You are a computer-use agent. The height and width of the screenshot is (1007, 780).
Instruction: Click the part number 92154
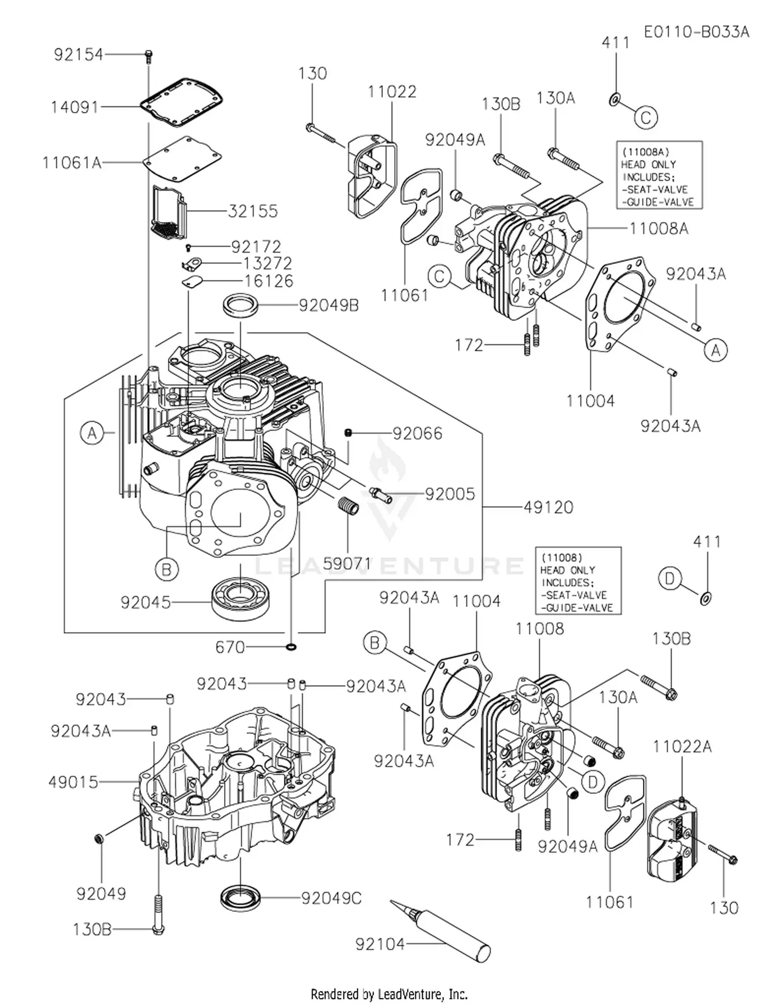79,55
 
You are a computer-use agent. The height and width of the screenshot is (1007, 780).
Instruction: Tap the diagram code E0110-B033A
696,32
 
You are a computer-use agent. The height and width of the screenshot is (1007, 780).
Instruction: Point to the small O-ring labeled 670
291,647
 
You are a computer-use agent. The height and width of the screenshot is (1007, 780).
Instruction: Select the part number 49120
548,507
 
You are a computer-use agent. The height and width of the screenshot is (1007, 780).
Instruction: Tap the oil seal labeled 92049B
241,305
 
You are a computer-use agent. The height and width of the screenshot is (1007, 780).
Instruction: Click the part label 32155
253,211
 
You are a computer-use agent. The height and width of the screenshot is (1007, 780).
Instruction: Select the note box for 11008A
659,175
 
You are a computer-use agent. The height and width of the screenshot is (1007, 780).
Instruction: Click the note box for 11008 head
578,581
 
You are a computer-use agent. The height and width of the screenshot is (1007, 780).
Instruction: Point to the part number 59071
347,563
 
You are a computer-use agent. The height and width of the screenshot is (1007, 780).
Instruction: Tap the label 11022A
682,747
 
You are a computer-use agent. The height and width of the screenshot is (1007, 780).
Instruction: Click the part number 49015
73,781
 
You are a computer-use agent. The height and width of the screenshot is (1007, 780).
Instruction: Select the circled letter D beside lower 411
669,579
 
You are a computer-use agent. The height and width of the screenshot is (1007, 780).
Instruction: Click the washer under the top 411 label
615,98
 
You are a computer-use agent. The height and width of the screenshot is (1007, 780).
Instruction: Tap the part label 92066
417,433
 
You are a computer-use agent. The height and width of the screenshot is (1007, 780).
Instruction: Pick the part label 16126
268,281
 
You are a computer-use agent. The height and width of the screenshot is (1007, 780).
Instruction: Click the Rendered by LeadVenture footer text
389,994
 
